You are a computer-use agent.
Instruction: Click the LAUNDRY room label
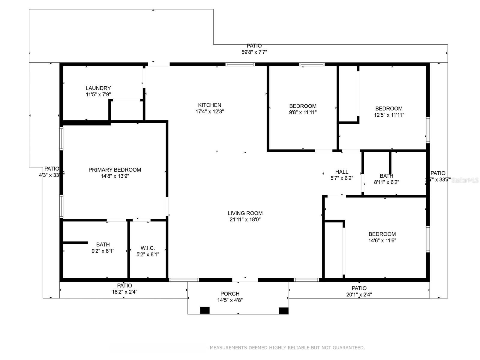tap(98, 88)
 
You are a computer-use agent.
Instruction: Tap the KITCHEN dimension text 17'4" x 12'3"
tap(210, 112)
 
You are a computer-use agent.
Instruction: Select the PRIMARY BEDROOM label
tap(115, 170)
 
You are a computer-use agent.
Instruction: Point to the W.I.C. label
tap(148, 248)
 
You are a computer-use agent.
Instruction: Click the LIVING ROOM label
tap(245, 213)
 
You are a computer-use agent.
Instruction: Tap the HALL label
tap(342, 172)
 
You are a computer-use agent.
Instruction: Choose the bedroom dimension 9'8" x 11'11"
tap(303, 112)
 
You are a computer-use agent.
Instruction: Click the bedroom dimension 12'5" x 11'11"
tap(389, 115)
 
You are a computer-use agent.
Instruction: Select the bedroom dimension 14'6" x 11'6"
tap(382, 240)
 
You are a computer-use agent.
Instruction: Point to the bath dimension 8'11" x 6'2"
tap(386, 182)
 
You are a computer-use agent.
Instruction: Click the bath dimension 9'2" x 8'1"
tap(103, 251)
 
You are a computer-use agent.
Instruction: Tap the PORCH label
tap(230, 294)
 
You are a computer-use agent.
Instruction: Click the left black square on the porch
tap(205, 310)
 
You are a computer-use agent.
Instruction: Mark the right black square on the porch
tap(283, 310)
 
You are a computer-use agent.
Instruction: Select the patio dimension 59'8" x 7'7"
tap(254, 52)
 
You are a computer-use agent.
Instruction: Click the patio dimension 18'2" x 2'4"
tap(124, 292)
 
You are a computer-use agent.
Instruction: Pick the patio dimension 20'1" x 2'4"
tap(359, 295)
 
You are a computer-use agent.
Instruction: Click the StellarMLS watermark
tap(465, 180)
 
